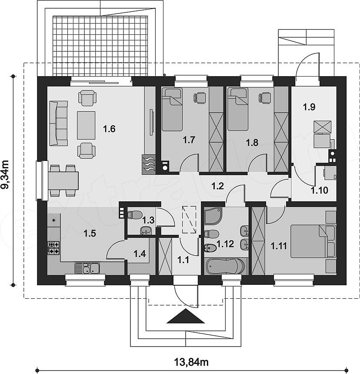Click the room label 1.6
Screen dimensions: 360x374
pyautogui.click(x=109, y=129)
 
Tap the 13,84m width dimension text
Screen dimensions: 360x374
pyautogui.click(x=191, y=362)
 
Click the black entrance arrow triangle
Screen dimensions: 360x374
pyautogui.click(x=186, y=316)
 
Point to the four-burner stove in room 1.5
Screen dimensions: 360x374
pyautogui.click(x=53, y=248)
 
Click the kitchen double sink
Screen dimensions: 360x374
pyautogui.click(x=87, y=268)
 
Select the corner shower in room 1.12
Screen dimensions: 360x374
pyautogui.click(x=214, y=216)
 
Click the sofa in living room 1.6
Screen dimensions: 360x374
pyautogui.click(x=58, y=123)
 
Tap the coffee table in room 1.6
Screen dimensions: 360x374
pyautogui.click(x=86, y=125)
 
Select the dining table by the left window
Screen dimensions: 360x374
pyautogui.click(x=63, y=180)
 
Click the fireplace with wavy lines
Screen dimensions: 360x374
pyautogui.click(x=149, y=164)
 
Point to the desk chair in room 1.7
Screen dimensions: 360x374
pyautogui.click(x=200, y=98)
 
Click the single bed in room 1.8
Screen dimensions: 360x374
pyautogui.click(x=238, y=109)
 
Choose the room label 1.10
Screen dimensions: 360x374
pyautogui.click(x=320, y=190)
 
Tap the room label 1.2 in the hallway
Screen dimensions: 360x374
pyautogui.click(x=218, y=186)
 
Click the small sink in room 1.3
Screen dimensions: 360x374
pyautogui.click(x=146, y=230)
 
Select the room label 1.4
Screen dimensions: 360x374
pyautogui.click(x=140, y=254)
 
